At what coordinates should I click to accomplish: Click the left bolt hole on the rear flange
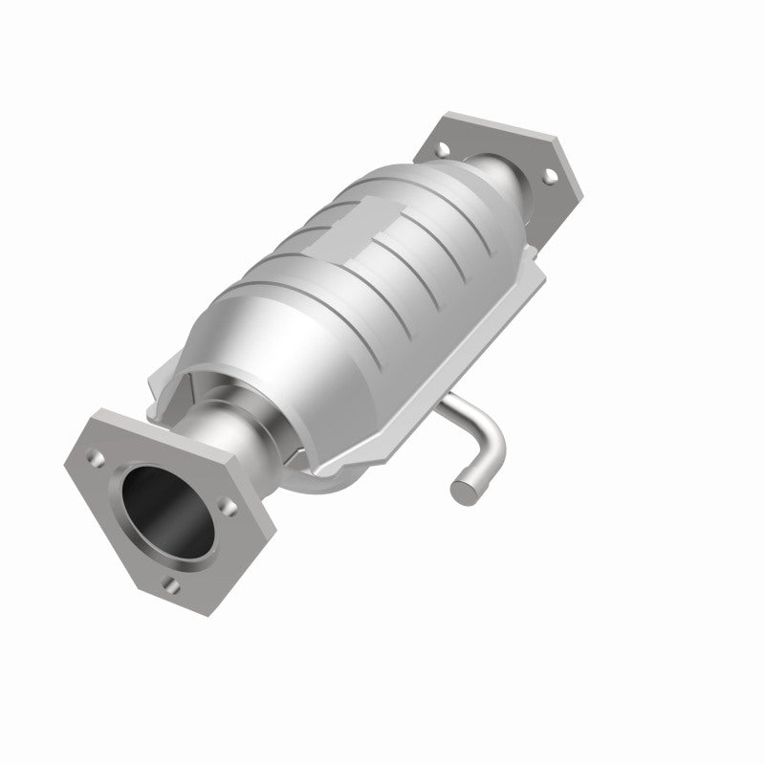click(x=443, y=149)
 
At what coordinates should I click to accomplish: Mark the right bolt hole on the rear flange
click(x=549, y=176)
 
